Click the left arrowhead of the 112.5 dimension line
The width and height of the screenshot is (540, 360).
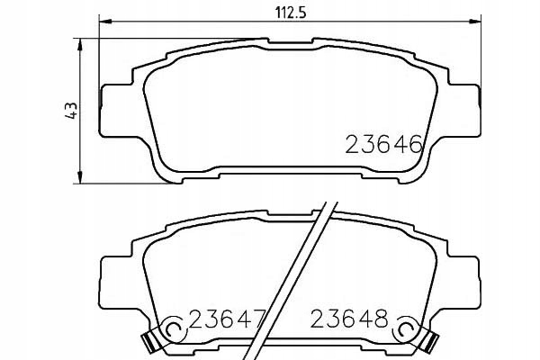102,22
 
